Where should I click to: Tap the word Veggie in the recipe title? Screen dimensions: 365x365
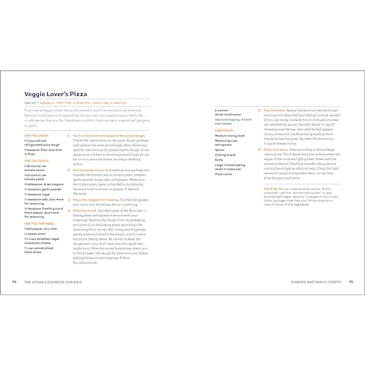point(34,94)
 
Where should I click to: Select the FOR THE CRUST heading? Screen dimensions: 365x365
point(36,136)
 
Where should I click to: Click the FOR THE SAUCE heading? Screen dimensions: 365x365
point(36,161)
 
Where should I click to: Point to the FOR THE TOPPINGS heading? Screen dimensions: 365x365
point(39,224)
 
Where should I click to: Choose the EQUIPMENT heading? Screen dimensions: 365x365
point(224,130)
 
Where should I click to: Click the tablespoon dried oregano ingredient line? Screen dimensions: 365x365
point(44,184)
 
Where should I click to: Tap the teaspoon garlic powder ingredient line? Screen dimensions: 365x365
point(43,189)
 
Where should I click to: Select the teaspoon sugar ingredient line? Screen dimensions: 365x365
point(37,194)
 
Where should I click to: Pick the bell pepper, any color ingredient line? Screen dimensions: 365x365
point(41,229)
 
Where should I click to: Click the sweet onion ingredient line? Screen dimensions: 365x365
point(35,234)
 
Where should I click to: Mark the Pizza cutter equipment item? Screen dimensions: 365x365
point(224,174)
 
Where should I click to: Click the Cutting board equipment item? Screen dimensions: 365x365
point(225,155)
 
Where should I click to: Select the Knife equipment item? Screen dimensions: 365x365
point(219,160)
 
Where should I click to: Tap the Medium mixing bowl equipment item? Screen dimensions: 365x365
point(230,136)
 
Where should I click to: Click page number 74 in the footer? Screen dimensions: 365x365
point(14,282)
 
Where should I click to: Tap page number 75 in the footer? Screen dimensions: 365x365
point(351,282)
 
